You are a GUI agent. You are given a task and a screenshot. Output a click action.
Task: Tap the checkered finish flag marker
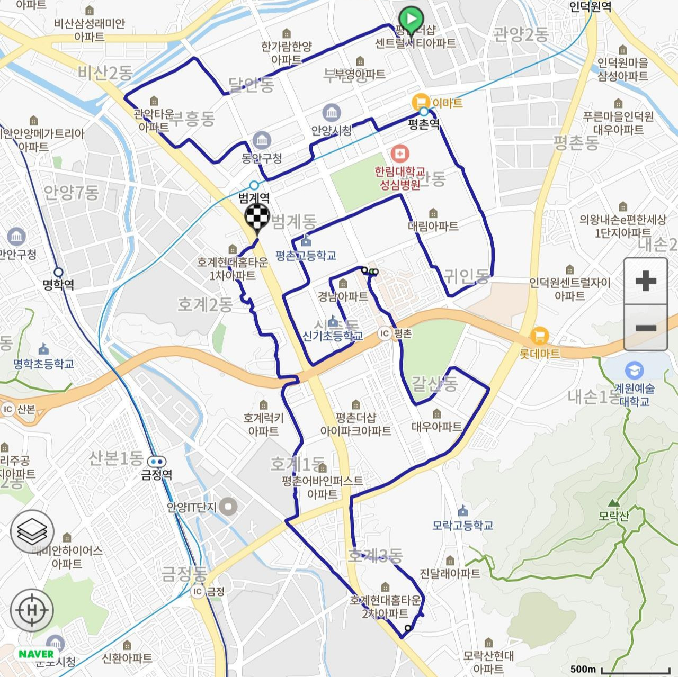tap(257, 218)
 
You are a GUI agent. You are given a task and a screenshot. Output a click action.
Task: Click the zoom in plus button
tap(645, 281)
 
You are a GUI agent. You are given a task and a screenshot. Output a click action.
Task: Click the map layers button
tap(32, 531)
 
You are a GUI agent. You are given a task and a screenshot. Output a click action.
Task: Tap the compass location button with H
tap(32, 610)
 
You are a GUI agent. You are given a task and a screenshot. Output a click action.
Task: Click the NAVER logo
tap(36, 654)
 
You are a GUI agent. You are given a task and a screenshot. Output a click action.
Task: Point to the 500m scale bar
tap(619, 670)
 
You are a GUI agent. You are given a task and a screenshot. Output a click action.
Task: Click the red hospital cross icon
tap(400, 155)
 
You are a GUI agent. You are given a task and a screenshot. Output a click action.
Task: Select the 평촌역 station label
tap(424, 125)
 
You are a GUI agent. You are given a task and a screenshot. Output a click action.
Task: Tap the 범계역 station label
tap(254, 198)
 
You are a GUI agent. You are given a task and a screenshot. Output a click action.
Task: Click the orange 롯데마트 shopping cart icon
tap(539, 336)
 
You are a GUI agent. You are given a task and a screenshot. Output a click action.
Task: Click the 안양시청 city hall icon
tap(332, 113)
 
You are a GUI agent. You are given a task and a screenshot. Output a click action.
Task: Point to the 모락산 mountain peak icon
tap(613, 502)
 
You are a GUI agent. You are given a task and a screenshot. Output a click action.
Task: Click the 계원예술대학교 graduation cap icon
tap(634, 369)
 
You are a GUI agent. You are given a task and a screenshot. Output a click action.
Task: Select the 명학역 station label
tap(58, 285)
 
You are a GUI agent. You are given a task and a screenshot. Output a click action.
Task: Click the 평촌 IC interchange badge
tap(385, 333)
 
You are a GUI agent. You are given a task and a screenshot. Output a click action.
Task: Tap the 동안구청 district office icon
tap(262, 141)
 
